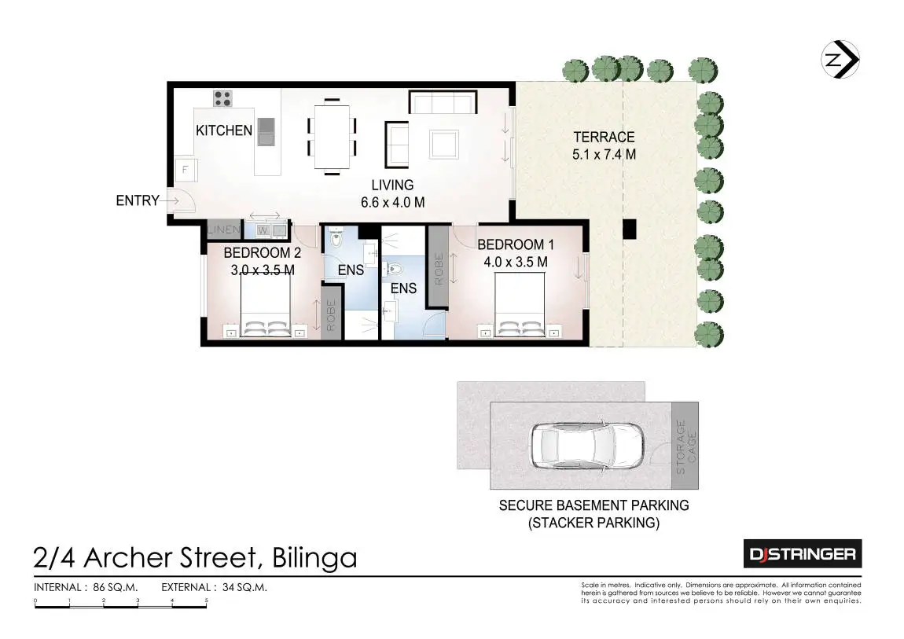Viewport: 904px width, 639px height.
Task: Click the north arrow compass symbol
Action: (840, 60)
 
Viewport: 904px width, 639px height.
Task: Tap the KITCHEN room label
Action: (224, 130)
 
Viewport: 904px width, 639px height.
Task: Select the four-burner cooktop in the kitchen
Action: (222, 98)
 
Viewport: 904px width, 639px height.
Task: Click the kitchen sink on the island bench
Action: (266, 131)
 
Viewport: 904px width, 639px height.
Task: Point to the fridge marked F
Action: (186, 170)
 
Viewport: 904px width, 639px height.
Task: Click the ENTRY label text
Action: (138, 200)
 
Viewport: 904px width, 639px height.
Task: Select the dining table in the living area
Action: (332, 137)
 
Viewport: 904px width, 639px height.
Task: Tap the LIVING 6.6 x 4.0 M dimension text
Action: (392, 193)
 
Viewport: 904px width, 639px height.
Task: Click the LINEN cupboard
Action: (224, 230)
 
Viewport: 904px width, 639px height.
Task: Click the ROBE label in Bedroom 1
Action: (438, 269)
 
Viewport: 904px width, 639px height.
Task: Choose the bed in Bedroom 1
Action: (520, 305)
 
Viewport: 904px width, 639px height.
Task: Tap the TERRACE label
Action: (604, 137)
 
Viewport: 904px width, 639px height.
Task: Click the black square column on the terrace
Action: (629, 229)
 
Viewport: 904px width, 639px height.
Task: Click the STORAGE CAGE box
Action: (685, 446)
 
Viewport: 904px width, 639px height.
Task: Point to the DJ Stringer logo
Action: (803, 554)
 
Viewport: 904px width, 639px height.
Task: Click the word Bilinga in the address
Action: (314, 558)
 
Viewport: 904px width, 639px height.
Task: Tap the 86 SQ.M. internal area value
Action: (116, 588)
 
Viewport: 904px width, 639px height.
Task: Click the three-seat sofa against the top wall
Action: (443, 102)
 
